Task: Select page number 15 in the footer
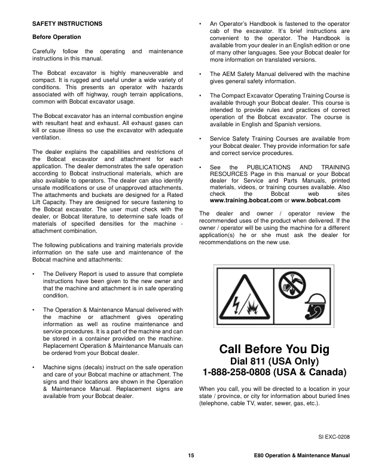click(x=191, y=456)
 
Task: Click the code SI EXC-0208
click(x=333, y=437)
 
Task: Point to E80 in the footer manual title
click(x=260, y=456)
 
